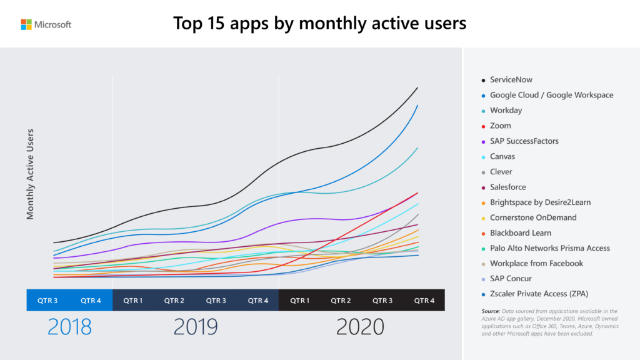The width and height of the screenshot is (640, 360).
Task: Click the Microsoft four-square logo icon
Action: point(26,24)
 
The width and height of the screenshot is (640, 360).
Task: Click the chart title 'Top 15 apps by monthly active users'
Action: point(319,24)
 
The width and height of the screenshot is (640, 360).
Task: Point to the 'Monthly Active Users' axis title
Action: point(30,174)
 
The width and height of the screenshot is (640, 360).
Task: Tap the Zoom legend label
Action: point(500,126)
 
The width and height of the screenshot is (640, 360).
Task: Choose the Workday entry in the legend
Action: point(506,111)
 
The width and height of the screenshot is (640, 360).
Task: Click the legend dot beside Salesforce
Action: point(483,187)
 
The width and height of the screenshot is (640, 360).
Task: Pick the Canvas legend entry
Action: point(504,156)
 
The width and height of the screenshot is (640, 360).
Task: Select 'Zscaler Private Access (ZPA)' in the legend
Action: point(539,294)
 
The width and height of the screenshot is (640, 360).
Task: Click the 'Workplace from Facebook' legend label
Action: point(536,263)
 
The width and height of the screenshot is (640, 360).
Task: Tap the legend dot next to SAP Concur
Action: point(483,279)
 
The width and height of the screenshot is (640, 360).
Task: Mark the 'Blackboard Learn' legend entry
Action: point(520,232)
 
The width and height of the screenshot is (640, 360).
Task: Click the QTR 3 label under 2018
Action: point(47,301)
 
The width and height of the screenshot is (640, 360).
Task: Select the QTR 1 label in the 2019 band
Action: point(133,301)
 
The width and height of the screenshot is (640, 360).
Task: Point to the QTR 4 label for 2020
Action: point(424,301)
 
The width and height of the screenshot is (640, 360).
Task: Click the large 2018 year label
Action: point(69,326)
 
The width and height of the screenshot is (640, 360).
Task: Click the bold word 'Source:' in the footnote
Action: point(491,311)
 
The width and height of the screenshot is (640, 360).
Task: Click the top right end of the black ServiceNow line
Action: point(417,88)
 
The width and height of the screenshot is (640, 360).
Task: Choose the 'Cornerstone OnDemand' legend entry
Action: point(533,217)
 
